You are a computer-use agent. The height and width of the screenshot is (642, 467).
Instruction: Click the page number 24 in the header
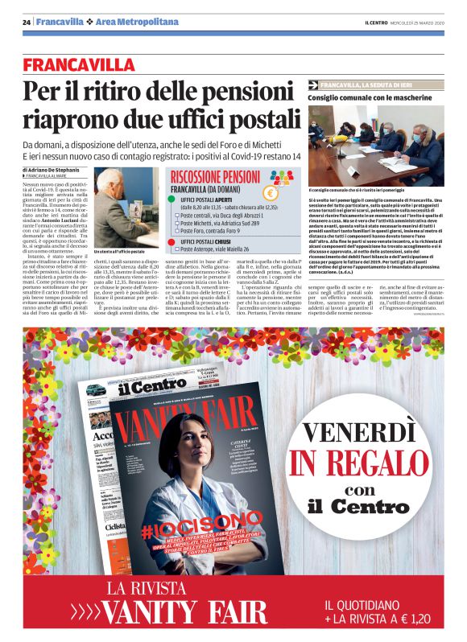(27, 22)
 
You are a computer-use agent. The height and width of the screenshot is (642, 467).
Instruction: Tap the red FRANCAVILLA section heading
(79, 64)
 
